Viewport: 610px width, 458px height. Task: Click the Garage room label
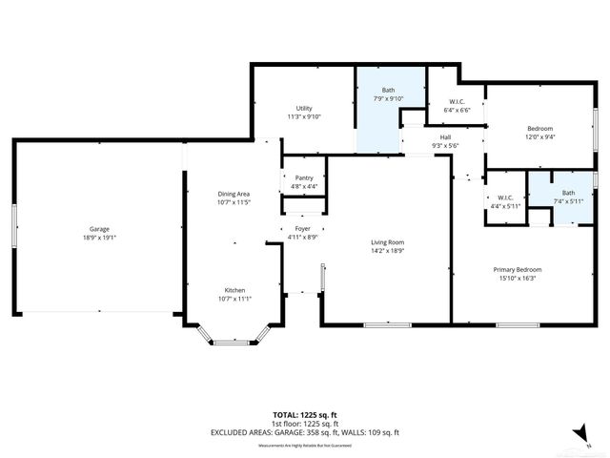click(x=100, y=229)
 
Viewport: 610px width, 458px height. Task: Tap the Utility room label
click(x=304, y=108)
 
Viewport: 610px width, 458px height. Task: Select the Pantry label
click(x=304, y=177)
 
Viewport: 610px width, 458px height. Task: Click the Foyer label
click(x=302, y=229)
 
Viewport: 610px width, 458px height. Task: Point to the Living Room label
click(x=388, y=242)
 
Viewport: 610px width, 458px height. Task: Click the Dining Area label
click(x=233, y=194)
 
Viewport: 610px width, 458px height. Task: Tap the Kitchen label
click(x=234, y=290)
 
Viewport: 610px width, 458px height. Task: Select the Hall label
click(x=445, y=137)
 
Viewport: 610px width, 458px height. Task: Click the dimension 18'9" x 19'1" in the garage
click(x=100, y=238)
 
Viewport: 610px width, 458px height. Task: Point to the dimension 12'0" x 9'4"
click(x=540, y=136)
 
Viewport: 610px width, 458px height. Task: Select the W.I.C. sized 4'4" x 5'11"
click(x=506, y=201)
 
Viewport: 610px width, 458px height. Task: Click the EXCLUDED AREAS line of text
click(x=305, y=433)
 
